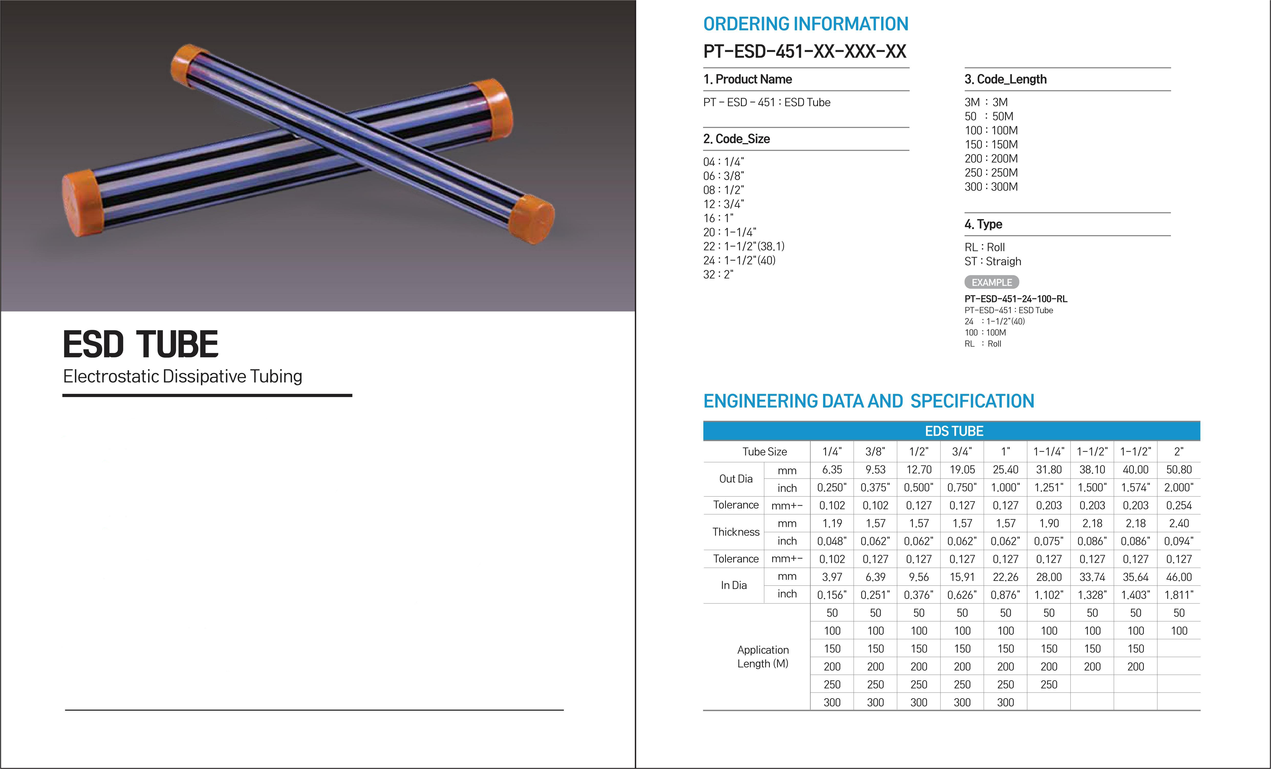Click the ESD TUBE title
(140, 344)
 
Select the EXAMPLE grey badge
(992, 283)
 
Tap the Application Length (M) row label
(762, 657)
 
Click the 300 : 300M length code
(991, 187)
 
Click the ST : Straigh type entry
(993, 262)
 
